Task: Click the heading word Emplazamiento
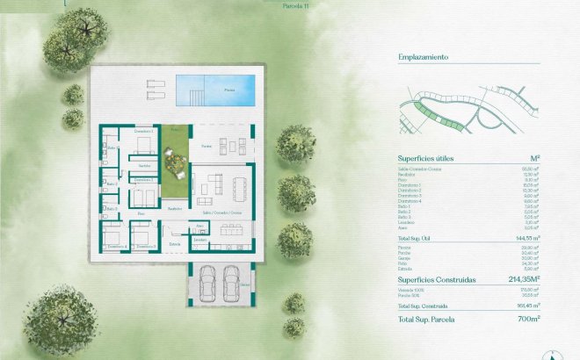(x=424, y=57)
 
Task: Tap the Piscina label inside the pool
(x=229, y=90)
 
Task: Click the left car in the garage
(x=208, y=279)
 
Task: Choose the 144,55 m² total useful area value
(x=526, y=238)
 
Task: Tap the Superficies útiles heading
(x=430, y=159)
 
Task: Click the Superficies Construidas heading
(x=437, y=280)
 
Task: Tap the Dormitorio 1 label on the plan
(x=144, y=131)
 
